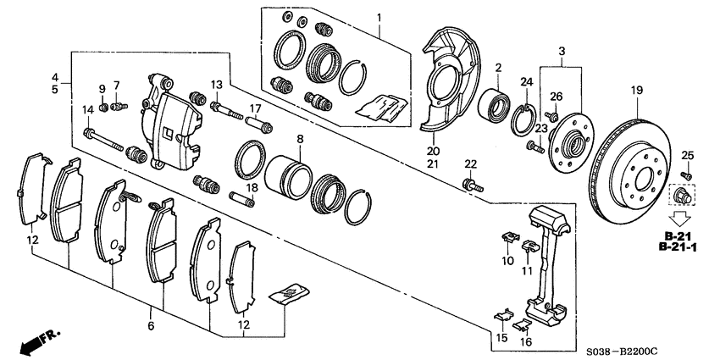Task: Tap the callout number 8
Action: point(299,137)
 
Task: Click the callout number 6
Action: point(150,325)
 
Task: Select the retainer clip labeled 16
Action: point(522,324)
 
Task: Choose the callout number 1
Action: point(379,18)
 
